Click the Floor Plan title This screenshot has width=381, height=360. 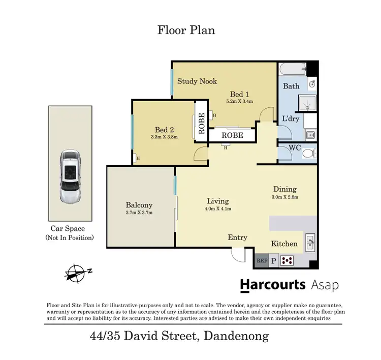pyautogui.click(x=186, y=30)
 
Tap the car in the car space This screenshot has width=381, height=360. pyautogui.click(x=70, y=175)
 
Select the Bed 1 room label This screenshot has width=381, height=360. pyautogui.click(x=239, y=94)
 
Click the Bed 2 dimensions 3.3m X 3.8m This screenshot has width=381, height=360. pyautogui.click(x=164, y=137)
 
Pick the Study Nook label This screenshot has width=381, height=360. pyautogui.click(x=197, y=81)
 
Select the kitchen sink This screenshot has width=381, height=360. pyautogui.click(x=310, y=241)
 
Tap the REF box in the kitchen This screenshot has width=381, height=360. pyautogui.click(x=262, y=261)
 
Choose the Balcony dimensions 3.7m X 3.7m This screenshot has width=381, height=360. pyautogui.click(x=139, y=213)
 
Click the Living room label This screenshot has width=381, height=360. pyautogui.click(x=217, y=201)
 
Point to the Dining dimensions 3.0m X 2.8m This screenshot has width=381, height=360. pyautogui.click(x=284, y=197)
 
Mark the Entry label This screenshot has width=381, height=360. pyautogui.click(x=237, y=237)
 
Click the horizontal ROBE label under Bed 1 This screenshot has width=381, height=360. pyautogui.click(x=232, y=135)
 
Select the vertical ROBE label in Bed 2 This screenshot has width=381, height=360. pyautogui.click(x=201, y=123)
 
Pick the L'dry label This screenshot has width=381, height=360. pyautogui.click(x=291, y=119)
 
